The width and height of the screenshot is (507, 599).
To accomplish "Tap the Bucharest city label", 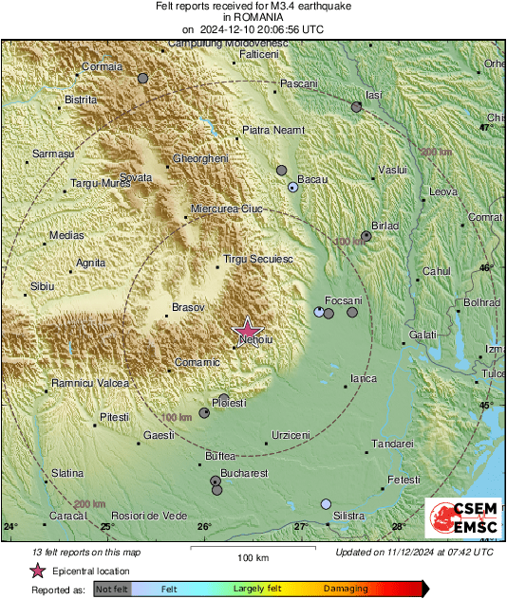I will (x=244, y=473).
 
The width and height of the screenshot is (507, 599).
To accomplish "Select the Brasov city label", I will (x=187, y=307).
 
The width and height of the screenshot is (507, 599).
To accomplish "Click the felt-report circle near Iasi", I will (x=357, y=107).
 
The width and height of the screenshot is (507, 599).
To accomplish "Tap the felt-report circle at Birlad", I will (x=366, y=236).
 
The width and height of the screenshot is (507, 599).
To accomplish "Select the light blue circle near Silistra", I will (x=327, y=504).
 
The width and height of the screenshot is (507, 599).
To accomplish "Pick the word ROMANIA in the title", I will (x=253, y=17).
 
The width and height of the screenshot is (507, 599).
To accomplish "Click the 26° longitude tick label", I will (x=204, y=527).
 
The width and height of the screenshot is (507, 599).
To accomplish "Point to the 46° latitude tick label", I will (x=486, y=268).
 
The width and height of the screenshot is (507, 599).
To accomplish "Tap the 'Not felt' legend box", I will (x=112, y=590).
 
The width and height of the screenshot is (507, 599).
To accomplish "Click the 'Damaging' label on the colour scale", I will (x=346, y=590).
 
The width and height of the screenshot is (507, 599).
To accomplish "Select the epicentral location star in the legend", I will (x=37, y=571).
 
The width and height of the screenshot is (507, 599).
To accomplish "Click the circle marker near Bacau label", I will (x=293, y=188).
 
